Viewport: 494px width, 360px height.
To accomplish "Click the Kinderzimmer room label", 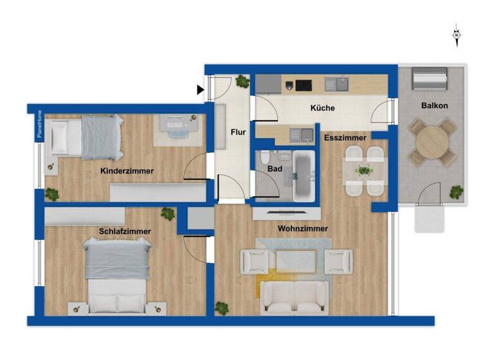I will [127, 171].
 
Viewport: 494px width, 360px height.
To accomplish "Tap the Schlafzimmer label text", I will [125, 231].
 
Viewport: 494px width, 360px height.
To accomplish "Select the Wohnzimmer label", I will [303, 229].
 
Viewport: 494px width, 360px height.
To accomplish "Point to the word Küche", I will [322, 108].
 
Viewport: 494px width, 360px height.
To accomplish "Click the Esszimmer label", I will [345, 138].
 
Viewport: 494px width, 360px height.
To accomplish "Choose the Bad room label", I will [275, 168].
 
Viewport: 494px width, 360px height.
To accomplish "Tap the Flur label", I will [238, 132].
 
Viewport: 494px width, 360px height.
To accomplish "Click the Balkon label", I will [435, 105].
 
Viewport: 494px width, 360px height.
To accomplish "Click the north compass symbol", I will [456, 35].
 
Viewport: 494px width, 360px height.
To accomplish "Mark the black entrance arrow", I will [201, 90].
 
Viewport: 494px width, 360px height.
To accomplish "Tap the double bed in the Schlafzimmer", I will [117, 274].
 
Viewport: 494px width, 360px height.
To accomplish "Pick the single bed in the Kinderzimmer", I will [87, 138].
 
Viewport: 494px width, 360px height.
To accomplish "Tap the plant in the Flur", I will [242, 82].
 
